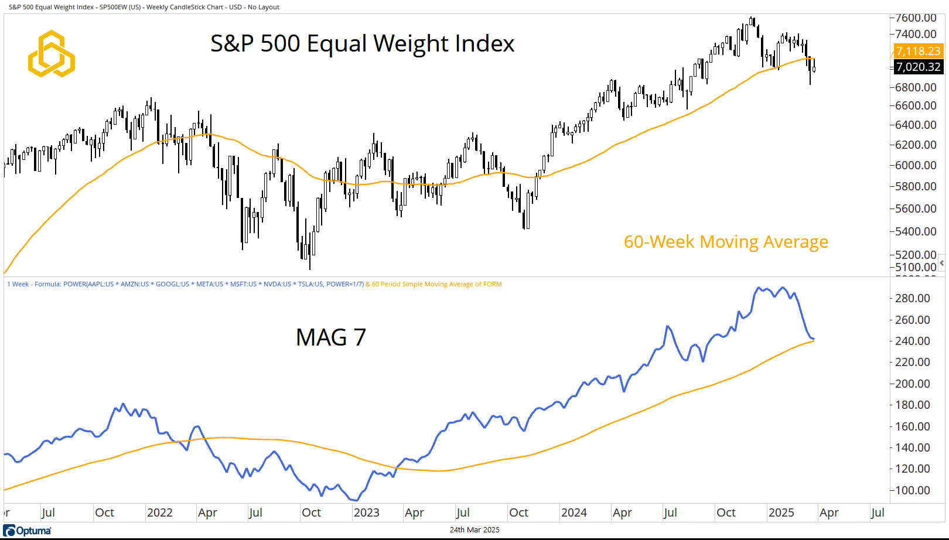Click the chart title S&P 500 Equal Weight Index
pyautogui.click(x=362, y=44)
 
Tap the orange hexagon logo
pyautogui.click(x=52, y=54)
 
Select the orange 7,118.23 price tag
pyautogui.click(x=918, y=51)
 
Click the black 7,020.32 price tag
pyautogui.click(x=918, y=67)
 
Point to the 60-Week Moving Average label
pyautogui.click(x=726, y=242)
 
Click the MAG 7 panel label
pyautogui.click(x=331, y=337)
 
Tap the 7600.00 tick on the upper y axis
pyautogui.click(x=916, y=18)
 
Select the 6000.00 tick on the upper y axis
pyautogui.click(x=916, y=165)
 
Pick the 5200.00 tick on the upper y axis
pyautogui.click(x=916, y=255)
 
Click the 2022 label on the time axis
pyautogui.click(x=159, y=512)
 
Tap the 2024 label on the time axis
pyautogui.click(x=574, y=512)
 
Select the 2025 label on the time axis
pyautogui.click(x=781, y=512)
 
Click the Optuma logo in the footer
pyautogui.click(x=28, y=531)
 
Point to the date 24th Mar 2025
pyautogui.click(x=474, y=530)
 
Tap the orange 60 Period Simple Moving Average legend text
pyautogui.click(x=436, y=284)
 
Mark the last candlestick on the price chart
pyautogui.click(x=814, y=68)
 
